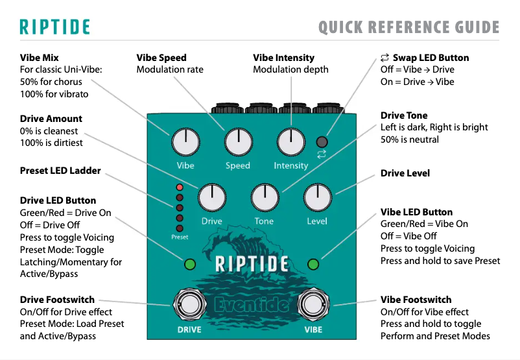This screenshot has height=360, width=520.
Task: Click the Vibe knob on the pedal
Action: tap(185, 141)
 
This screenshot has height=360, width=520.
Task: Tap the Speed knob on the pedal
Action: tap(238, 141)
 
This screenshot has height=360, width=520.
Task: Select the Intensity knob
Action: tap(290, 141)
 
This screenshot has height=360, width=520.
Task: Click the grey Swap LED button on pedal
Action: tap(322, 142)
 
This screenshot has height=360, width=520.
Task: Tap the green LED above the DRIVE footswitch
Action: tap(190, 264)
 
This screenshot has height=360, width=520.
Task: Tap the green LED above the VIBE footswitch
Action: tap(313, 264)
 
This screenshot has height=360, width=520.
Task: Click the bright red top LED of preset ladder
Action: tap(180, 188)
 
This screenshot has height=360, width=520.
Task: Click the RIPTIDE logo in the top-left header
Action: tap(54, 27)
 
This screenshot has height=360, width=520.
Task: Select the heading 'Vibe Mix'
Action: tap(40, 58)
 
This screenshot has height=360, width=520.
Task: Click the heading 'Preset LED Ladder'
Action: tap(60, 171)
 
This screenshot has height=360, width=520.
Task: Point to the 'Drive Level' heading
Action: tap(405, 173)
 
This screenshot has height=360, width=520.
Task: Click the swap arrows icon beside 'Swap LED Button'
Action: tap(384, 58)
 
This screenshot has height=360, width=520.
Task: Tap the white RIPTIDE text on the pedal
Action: tap(251, 264)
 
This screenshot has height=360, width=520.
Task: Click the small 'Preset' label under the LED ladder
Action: tap(180, 237)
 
